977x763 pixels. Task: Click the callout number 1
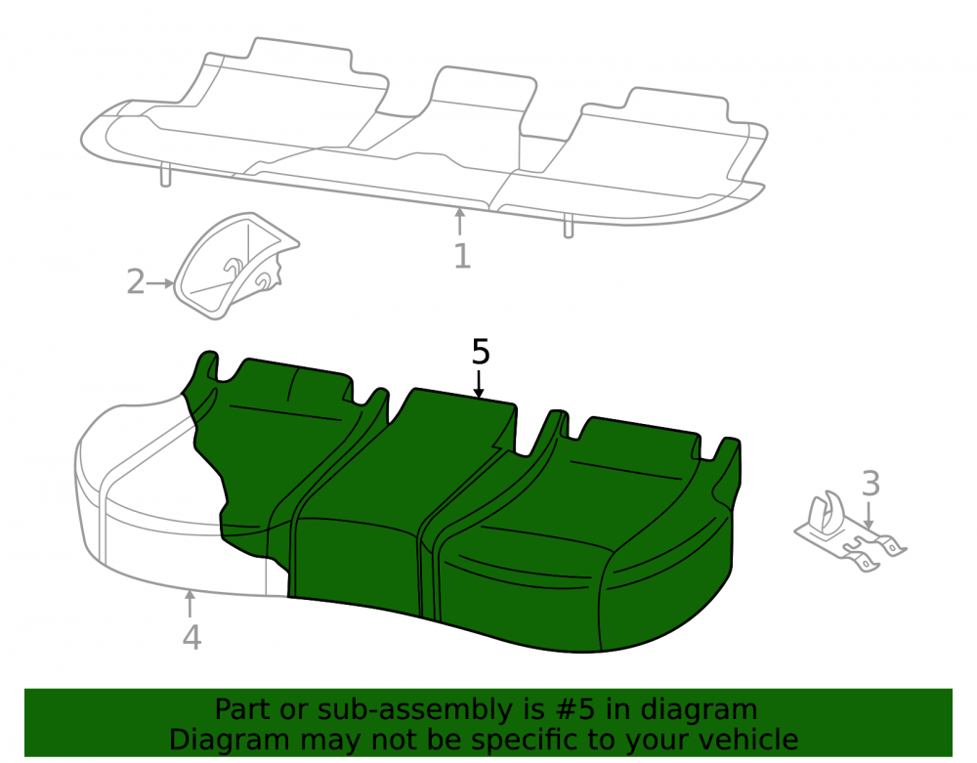click(x=462, y=256)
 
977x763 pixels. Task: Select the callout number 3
click(x=871, y=484)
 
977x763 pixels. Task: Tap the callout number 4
click(x=191, y=638)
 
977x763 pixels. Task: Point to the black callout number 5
click(x=481, y=352)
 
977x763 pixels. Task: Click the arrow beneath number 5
click(x=479, y=384)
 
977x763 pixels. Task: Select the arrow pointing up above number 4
click(x=190, y=604)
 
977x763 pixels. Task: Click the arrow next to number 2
click(x=161, y=283)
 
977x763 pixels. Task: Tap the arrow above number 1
click(x=460, y=222)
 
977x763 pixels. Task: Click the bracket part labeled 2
click(x=236, y=266)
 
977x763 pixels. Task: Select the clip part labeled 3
click(x=850, y=530)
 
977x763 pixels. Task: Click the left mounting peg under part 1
click(x=166, y=174)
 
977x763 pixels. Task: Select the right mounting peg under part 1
click(x=569, y=226)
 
